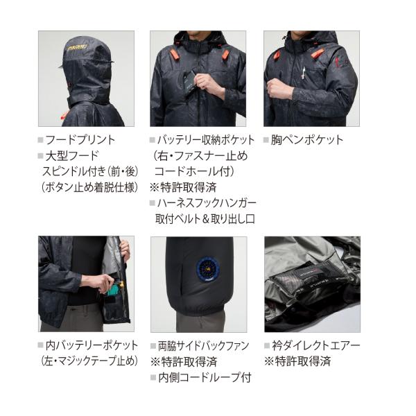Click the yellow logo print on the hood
pyautogui.click(x=79, y=49)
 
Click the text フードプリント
pyautogui.click(x=80, y=140)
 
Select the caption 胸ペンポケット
pyautogui.click(x=307, y=140)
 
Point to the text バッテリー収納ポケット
pyautogui.click(x=206, y=140)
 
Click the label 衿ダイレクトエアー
pyautogui.click(x=315, y=345)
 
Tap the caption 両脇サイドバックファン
pyautogui.click(x=203, y=346)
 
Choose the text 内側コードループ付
pyautogui.click(x=205, y=378)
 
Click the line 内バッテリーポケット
pyautogui.click(x=92, y=345)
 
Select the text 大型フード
pyautogui.click(x=72, y=156)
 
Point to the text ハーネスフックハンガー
pyautogui.click(x=207, y=203)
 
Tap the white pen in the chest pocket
pyautogui.click(x=303, y=73)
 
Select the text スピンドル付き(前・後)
pyautogui.click(x=90, y=172)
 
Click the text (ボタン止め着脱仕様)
pyautogui.click(x=90, y=188)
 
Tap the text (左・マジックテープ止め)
pyautogui.click(x=89, y=361)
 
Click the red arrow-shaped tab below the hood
pyautogui.click(x=64, y=116)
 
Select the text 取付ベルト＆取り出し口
pyautogui.click(x=205, y=219)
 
